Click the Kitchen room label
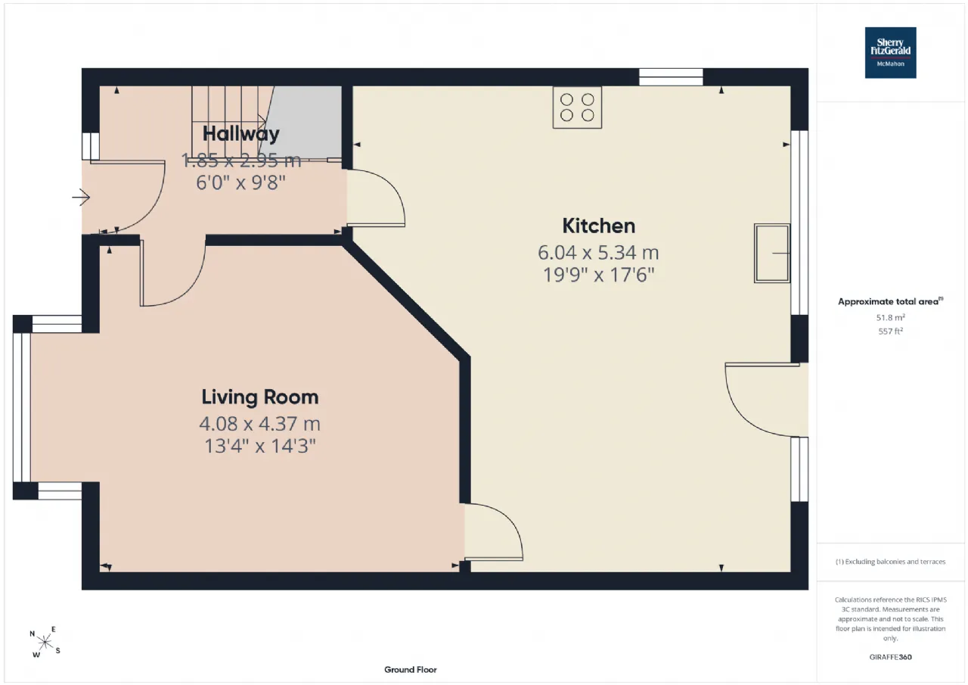click(x=598, y=226)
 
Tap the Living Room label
click(x=260, y=397)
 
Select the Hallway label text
click(x=240, y=134)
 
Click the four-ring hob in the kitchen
click(x=577, y=107)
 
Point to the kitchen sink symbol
click(x=772, y=254)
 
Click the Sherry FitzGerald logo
click(x=890, y=53)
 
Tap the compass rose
click(x=45, y=642)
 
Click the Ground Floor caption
click(x=411, y=669)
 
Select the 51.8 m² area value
click(x=890, y=317)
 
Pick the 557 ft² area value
click(x=890, y=332)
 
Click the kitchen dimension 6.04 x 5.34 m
click(x=598, y=253)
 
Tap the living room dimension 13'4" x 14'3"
click(x=260, y=446)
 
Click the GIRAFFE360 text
click(x=890, y=657)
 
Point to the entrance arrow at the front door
click(x=81, y=198)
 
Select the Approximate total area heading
click(x=890, y=301)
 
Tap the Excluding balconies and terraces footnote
click(x=890, y=562)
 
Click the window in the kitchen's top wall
click(x=671, y=77)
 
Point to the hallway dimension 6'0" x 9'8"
click(x=240, y=182)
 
